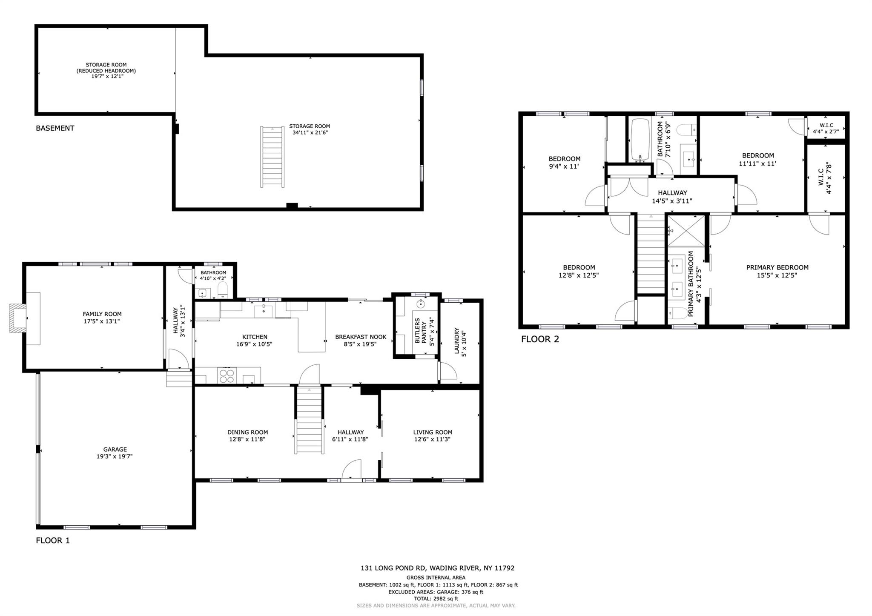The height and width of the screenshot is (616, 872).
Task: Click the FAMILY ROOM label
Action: click(102, 314)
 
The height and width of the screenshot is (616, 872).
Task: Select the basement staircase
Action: click(272, 157)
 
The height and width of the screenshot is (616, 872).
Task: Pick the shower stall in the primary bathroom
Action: click(686, 231)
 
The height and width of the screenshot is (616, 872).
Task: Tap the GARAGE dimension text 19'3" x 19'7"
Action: click(115, 456)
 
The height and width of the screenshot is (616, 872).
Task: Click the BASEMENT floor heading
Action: click(55, 128)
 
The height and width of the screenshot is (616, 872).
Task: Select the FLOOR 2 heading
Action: click(540, 339)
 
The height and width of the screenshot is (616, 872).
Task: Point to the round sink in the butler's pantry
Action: click(421, 304)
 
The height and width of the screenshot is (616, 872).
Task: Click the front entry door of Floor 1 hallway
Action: click(352, 470)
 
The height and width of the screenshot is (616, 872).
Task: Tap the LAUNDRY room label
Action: click(457, 341)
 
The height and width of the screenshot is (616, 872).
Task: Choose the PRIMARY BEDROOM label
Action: click(777, 268)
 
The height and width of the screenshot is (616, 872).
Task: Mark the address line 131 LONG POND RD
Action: click(437, 568)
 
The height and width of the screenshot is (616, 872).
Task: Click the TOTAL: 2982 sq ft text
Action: click(436, 599)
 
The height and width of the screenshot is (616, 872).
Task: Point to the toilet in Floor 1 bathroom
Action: click(223, 291)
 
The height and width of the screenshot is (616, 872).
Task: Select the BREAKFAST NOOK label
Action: click(361, 337)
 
